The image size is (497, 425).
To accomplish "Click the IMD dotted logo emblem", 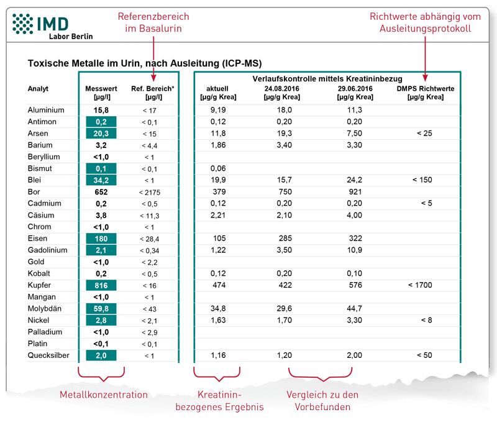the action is [x=22, y=24].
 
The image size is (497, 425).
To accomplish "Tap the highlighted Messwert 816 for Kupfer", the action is [x=101, y=285].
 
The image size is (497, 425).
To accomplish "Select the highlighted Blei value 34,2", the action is [x=101, y=180].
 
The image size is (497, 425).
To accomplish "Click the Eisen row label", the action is [x=37, y=239].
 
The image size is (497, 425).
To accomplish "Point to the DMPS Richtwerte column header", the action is [x=426, y=93].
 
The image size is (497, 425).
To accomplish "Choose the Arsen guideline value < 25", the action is [x=424, y=134].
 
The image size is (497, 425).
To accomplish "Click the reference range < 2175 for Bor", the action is [x=150, y=193].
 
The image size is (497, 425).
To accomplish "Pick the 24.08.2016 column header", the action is [x=282, y=93].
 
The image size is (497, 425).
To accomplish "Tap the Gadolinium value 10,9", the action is [x=354, y=250].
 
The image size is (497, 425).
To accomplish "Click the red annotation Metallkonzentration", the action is [x=104, y=395].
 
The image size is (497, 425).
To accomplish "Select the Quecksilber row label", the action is [x=48, y=355].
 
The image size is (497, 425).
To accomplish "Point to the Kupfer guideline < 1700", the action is [x=420, y=285].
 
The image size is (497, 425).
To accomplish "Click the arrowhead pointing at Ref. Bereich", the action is [x=153, y=78].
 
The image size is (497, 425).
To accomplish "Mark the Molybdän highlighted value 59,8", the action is [x=101, y=309].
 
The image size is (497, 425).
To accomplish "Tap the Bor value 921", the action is [x=355, y=192].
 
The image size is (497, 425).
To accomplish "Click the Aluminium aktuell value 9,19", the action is [x=218, y=110].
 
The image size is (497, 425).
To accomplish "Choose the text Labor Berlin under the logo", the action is [x=71, y=37].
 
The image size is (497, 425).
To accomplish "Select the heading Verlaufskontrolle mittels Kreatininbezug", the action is [x=327, y=78].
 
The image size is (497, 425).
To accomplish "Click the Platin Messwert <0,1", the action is [x=101, y=344].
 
